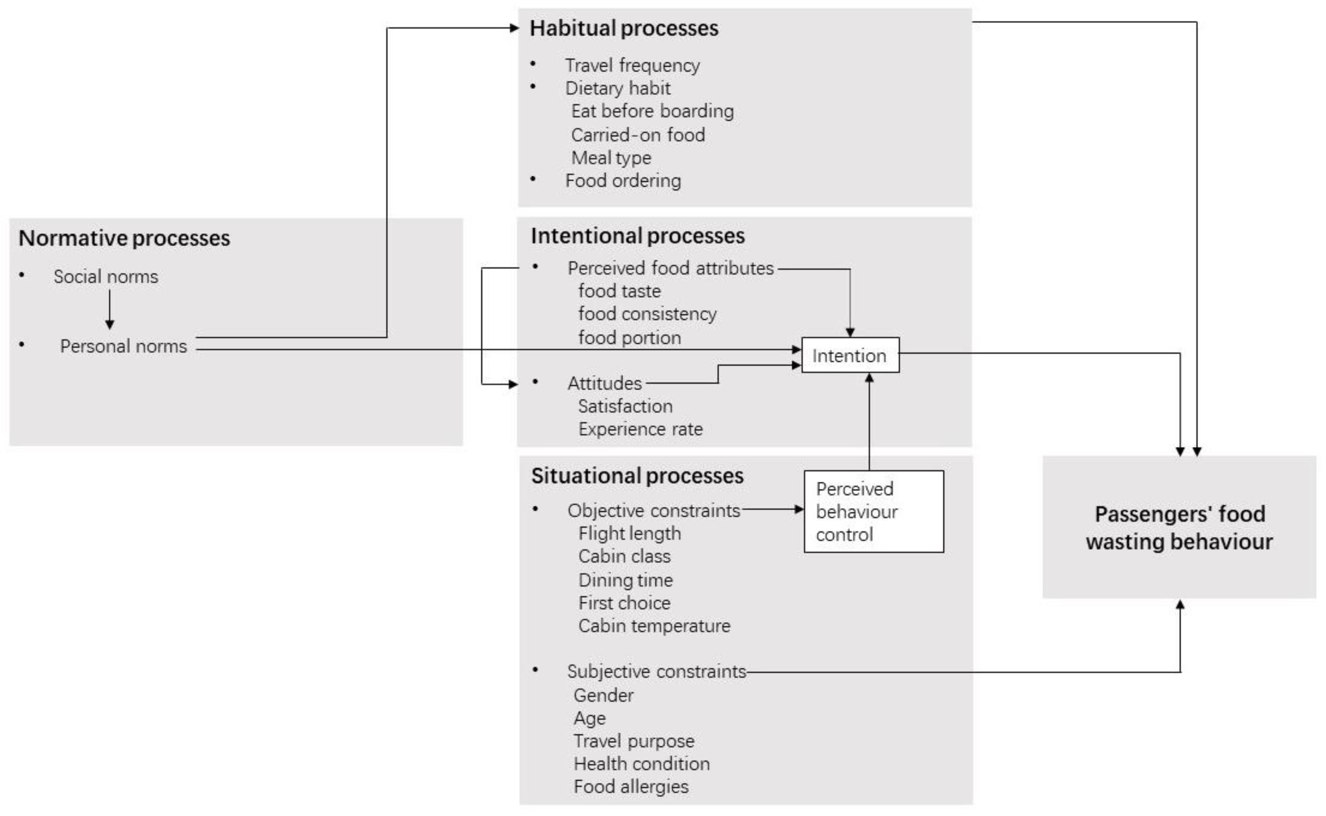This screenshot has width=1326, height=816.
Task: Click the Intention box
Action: (850, 355)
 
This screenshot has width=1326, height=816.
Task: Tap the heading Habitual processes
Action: (623, 28)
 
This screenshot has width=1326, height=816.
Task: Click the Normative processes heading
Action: (124, 238)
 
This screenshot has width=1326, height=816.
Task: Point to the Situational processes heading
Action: (637, 475)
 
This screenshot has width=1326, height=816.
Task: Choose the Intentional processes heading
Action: (638, 236)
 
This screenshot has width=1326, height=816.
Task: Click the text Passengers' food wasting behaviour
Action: (1179, 527)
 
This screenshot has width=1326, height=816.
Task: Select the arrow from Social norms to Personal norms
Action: (110, 309)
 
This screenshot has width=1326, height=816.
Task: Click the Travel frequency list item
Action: (632, 65)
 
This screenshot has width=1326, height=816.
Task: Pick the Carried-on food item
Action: (638, 134)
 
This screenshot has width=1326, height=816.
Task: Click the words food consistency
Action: (647, 313)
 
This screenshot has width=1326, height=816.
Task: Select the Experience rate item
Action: (640, 429)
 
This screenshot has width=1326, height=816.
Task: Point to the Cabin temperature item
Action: (654, 625)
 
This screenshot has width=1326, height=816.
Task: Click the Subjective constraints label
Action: (656, 672)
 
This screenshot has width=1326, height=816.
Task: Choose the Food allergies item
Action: (630, 786)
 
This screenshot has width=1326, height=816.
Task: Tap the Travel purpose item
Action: (633, 741)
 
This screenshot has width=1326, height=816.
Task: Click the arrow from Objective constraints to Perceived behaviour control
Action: (772, 508)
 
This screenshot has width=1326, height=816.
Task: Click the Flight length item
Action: (630, 533)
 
